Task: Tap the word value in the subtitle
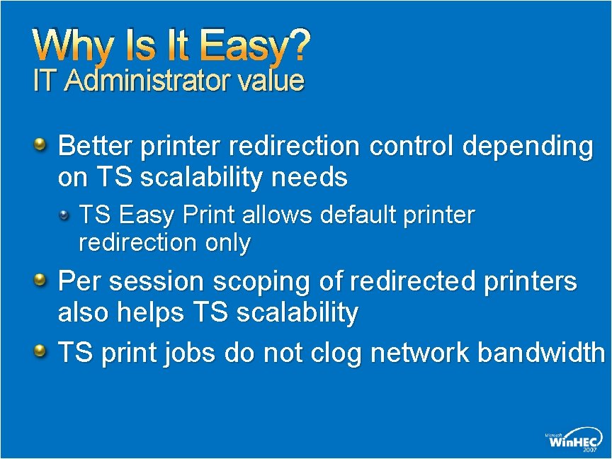point(271,81)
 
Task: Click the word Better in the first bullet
point(96,147)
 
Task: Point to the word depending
point(528,148)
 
